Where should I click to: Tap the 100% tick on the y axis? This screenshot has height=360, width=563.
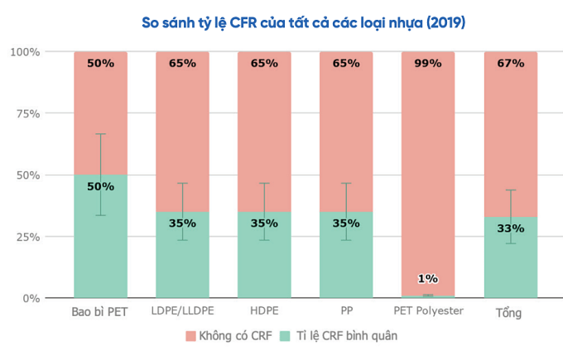[x=25, y=52]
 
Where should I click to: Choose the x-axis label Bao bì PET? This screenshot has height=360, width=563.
[x=99, y=312]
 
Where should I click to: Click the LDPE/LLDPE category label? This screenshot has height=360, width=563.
[x=182, y=312]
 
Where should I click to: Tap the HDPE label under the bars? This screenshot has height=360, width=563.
[x=264, y=312]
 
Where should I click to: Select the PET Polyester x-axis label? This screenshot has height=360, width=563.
[x=428, y=312]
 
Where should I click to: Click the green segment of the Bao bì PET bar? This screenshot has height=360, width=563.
[x=100, y=248]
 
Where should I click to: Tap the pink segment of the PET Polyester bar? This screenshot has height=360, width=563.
[x=428, y=166]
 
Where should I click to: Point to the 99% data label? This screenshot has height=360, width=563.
[x=428, y=63]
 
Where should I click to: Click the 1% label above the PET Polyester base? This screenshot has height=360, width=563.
[x=428, y=279]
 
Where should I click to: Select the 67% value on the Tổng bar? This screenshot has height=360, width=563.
[x=510, y=63]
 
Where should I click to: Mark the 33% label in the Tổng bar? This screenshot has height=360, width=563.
[x=510, y=228]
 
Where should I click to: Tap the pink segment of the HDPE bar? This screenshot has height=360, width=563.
[x=264, y=132]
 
